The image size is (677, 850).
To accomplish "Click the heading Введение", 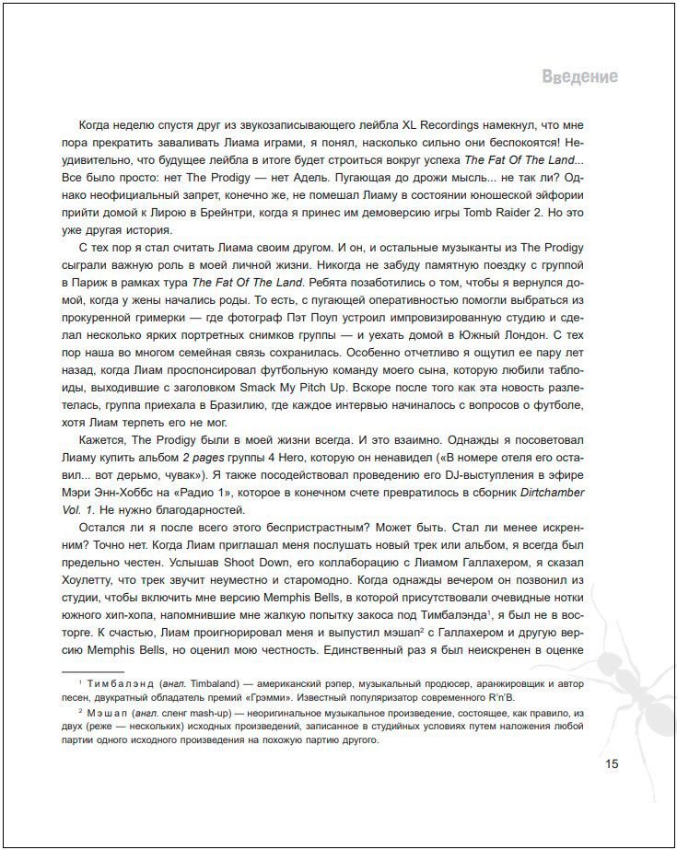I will pos(579,76).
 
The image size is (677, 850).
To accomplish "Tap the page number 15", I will pos(613,763).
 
